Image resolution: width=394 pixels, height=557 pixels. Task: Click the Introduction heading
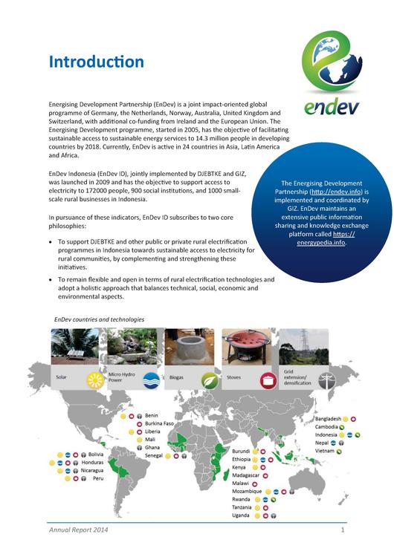(x=97, y=62)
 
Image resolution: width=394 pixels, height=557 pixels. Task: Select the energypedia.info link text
(x=317, y=241)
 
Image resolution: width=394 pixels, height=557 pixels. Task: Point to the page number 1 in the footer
(x=343, y=531)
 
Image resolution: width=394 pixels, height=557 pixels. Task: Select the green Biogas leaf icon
(x=210, y=380)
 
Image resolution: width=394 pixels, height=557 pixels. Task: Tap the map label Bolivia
(x=96, y=454)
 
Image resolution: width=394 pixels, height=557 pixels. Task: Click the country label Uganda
(x=241, y=515)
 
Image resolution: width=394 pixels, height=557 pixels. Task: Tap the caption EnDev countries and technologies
(x=99, y=319)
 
